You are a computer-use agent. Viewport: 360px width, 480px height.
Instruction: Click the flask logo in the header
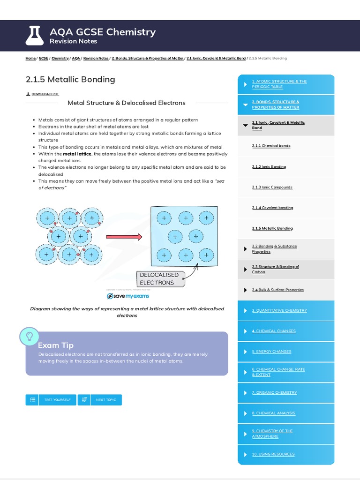click(35, 36)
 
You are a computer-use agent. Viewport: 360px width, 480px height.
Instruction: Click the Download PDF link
click(45, 94)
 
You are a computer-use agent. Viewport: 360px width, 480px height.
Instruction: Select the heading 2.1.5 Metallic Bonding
click(70, 79)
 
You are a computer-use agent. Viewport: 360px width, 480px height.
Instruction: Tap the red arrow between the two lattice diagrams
click(124, 237)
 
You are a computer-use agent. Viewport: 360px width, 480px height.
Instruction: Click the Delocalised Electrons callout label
click(157, 278)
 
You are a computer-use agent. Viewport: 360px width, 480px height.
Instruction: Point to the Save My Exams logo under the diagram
click(127, 296)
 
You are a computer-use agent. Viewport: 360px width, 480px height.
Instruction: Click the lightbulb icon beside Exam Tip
click(29, 337)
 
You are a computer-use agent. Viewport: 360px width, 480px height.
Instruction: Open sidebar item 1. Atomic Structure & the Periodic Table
click(279, 84)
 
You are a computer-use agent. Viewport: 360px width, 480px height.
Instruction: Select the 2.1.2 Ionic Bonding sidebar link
click(269, 166)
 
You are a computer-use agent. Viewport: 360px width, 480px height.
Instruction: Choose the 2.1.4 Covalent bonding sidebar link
click(272, 208)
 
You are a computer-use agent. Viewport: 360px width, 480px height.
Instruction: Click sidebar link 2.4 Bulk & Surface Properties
click(277, 290)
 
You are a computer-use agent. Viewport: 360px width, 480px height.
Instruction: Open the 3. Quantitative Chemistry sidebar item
click(279, 310)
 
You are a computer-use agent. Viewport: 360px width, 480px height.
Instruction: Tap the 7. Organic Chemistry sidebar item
click(274, 392)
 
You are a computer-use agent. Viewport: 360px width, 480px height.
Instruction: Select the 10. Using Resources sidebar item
click(273, 454)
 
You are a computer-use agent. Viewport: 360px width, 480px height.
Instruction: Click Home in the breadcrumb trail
click(30, 58)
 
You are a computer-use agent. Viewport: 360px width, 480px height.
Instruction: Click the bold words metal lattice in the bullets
click(77, 154)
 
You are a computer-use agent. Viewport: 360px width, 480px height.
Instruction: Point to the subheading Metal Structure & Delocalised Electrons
click(127, 103)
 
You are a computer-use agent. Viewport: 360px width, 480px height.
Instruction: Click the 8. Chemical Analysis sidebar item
click(273, 413)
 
